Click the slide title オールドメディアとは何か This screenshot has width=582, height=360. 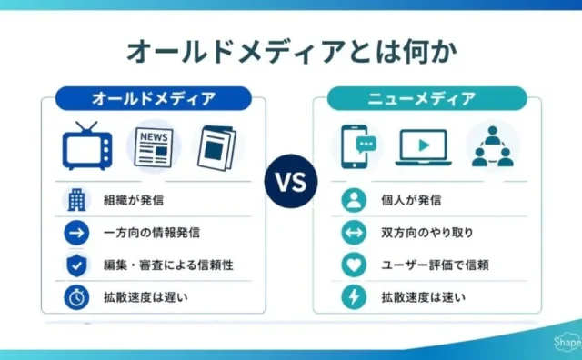[x=292, y=52]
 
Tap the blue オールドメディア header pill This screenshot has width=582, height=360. [x=154, y=99]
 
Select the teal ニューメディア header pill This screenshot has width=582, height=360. [x=426, y=99]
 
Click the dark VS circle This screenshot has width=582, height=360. [x=291, y=182]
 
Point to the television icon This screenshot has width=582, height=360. [x=87, y=145]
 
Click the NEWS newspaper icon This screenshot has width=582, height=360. [x=154, y=147]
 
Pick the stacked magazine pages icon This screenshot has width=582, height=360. [x=217, y=148]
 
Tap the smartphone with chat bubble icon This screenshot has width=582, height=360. [x=357, y=146]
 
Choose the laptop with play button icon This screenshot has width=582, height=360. [x=424, y=147]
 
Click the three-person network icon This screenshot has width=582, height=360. [x=493, y=146]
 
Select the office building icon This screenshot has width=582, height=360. [x=76, y=200]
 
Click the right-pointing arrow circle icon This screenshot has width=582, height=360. [x=76, y=233]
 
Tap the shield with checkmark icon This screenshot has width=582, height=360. [x=76, y=265]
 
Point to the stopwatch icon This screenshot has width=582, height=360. [x=76, y=297]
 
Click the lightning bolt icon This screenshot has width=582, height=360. [x=354, y=297]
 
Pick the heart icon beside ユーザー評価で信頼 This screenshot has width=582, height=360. [x=354, y=265]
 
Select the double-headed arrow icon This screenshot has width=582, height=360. [x=354, y=233]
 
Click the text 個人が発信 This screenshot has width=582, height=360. [x=411, y=200]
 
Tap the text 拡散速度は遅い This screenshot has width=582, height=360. [x=145, y=297]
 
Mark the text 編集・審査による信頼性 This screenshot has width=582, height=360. [x=168, y=265]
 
